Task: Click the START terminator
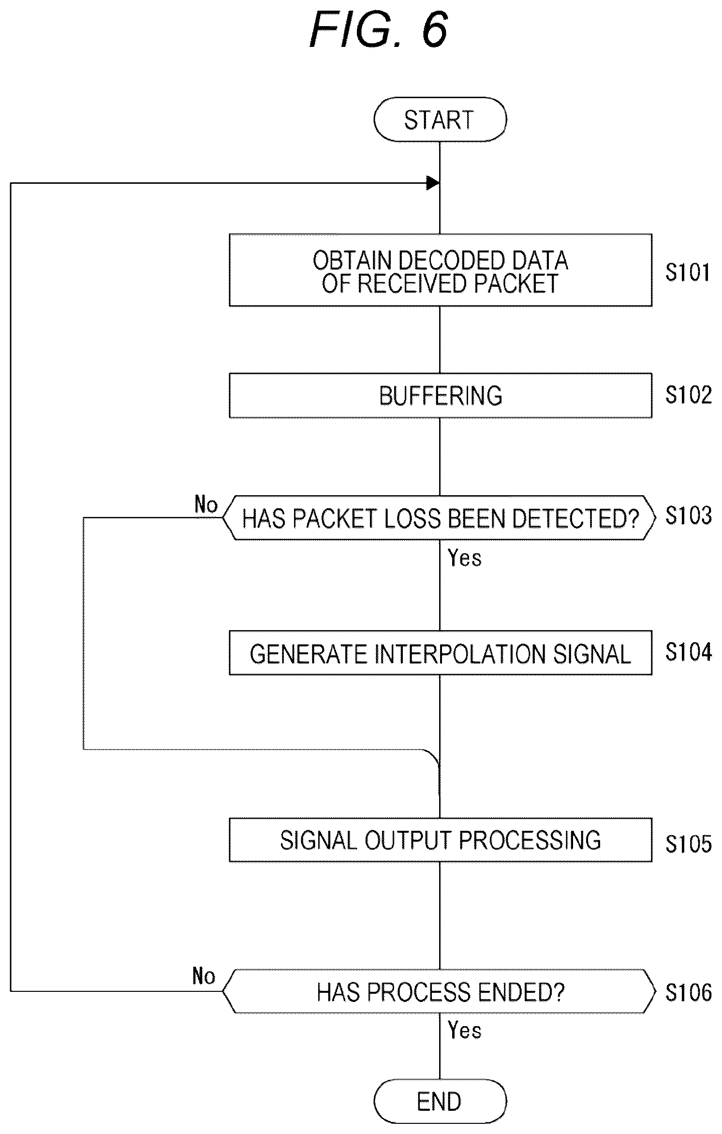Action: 440,119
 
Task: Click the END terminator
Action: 440,1102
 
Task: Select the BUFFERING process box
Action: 440,395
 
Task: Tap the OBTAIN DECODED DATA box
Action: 440,270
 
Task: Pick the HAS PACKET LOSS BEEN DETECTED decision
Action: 439,517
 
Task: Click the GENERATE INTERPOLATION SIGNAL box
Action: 440,653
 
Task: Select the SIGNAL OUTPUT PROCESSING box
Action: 440,840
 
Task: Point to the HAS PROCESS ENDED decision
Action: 439,991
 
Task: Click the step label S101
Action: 688,272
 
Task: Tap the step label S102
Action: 688,395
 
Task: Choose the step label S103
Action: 688,515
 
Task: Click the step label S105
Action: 688,844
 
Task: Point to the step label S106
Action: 688,992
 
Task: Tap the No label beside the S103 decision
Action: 206,504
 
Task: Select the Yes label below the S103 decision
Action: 465,558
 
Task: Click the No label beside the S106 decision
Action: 204,976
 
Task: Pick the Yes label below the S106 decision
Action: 465,1031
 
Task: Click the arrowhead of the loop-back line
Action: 433,183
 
